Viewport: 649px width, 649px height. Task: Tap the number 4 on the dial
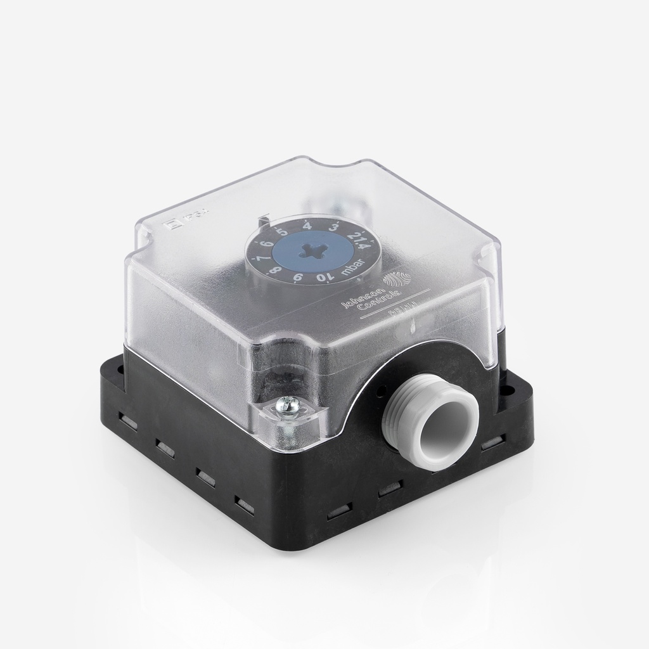coord(306,225)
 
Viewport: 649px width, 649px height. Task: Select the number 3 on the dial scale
coord(333,228)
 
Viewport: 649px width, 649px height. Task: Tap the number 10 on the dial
coord(321,278)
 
